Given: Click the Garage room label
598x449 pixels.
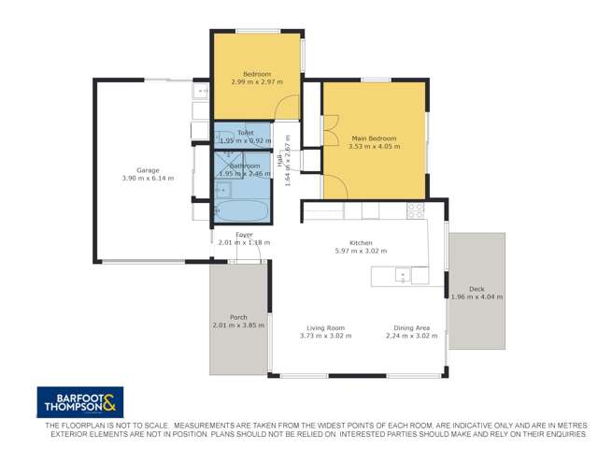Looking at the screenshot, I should (x=147, y=170).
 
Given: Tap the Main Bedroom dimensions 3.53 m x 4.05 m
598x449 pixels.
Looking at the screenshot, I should (x=374, y=147).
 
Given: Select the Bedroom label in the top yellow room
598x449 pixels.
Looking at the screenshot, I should (x=256, y=74).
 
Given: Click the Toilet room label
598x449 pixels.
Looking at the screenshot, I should (x=245, y=133).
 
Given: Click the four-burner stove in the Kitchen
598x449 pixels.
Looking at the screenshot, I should (x=416, y=211).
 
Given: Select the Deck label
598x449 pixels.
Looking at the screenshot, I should (x=477, y=289).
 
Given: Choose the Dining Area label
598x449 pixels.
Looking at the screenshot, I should (x=412, y=327).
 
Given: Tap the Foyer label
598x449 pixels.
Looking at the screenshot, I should (x=244, y=235).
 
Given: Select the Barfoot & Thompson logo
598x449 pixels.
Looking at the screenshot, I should (x=79, y=402).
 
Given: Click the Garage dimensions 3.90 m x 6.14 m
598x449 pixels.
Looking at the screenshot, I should (x=147, y=179).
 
